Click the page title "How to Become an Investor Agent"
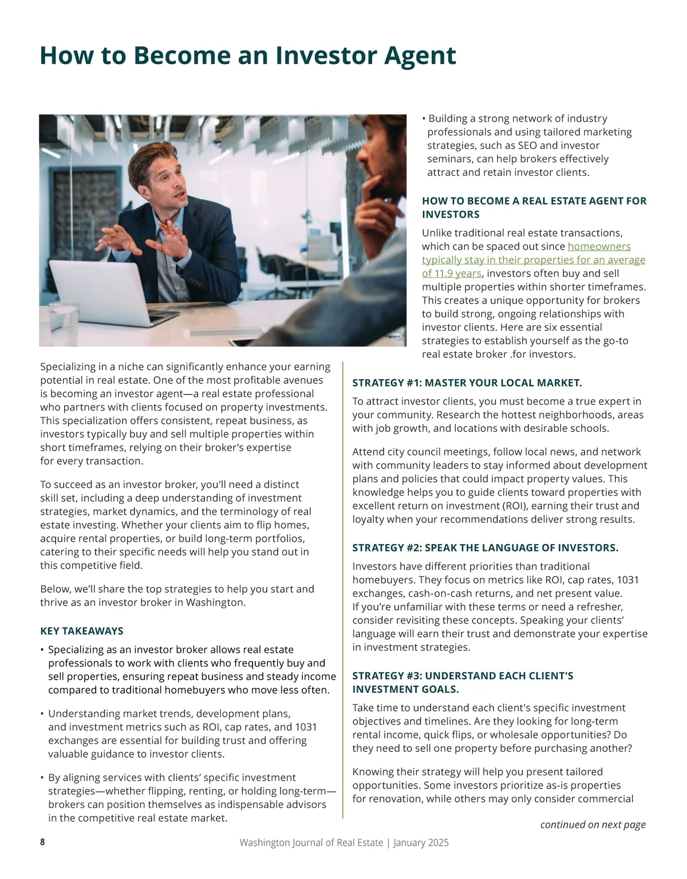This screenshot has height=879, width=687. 247,56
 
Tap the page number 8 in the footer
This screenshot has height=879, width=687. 42,842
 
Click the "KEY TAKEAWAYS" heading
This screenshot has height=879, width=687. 81,631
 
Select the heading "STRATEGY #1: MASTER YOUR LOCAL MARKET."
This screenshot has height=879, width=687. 467,383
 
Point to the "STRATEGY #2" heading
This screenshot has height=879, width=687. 485,548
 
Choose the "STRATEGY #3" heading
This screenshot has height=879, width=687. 463,683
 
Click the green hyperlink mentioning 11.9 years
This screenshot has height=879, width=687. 533,260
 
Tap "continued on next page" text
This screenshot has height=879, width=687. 593,825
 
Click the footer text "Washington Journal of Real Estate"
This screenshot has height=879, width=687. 311,843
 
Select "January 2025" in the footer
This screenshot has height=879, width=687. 421,843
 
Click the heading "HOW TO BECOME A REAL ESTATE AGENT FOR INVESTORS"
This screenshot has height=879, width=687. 534,207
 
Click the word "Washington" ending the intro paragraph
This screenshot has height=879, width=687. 215,602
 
